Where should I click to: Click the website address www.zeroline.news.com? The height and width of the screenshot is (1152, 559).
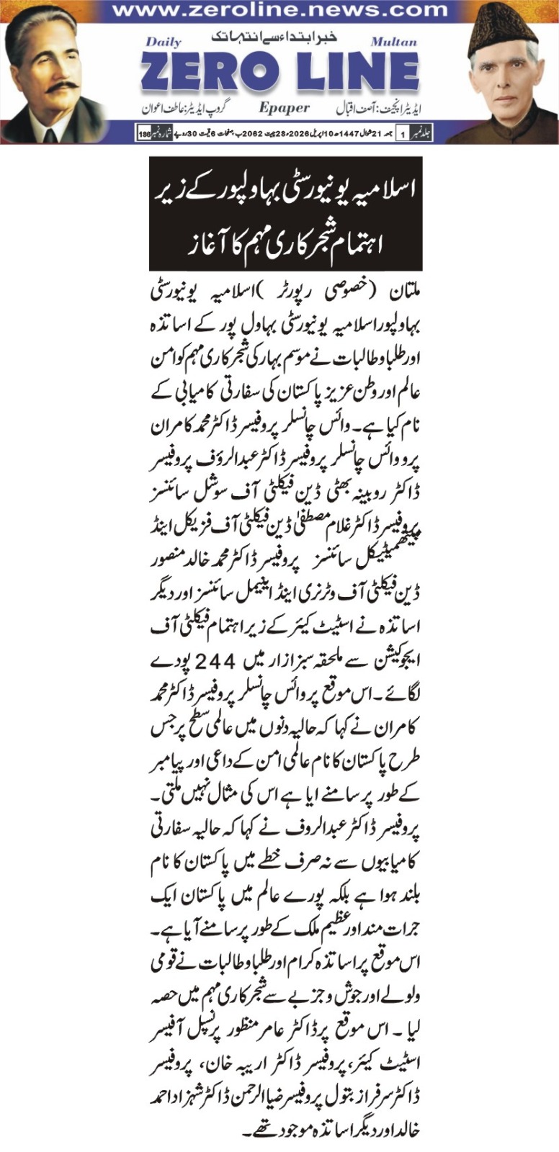coord(279,11)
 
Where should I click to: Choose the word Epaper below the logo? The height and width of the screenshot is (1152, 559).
coord(284,108)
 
